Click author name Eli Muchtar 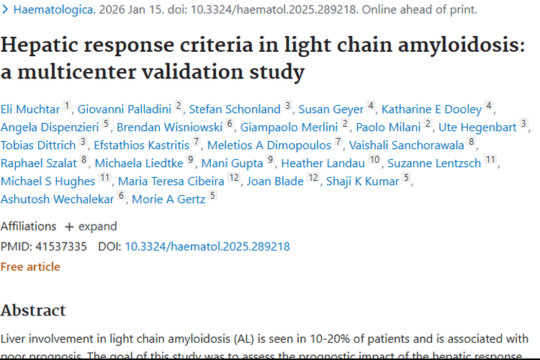30,109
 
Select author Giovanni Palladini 125,109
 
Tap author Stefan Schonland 235,109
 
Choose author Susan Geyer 331,109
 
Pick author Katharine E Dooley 431,109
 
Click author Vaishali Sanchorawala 407,145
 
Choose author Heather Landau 323,163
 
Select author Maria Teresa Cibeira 171,181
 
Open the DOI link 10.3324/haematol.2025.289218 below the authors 207,246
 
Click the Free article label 30,266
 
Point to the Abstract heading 33,310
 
